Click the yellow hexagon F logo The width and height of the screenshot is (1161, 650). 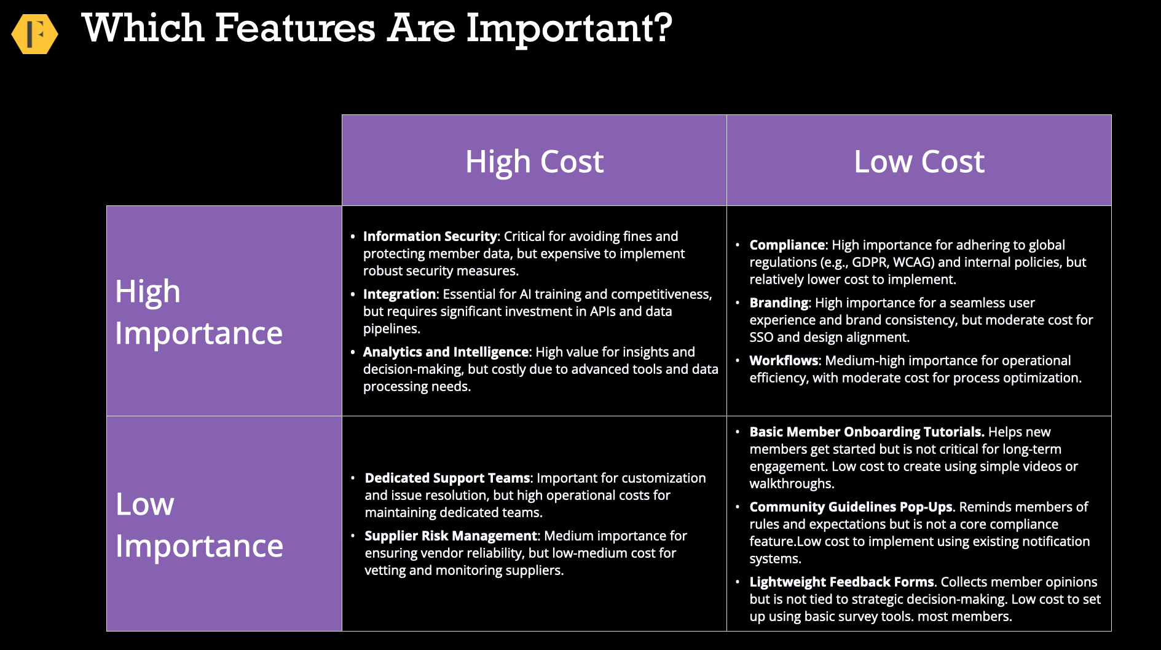35,34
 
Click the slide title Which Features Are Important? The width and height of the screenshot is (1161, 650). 377,28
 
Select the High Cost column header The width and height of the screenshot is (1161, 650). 534,161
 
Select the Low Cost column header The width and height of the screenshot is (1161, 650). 919,161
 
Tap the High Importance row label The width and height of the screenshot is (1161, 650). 199,312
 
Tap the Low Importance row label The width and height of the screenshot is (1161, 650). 199,525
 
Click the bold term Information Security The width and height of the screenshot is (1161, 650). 430,236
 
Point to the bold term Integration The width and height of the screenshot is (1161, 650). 399,294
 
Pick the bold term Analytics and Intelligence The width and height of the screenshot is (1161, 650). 446,352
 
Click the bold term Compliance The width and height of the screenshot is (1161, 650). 787,245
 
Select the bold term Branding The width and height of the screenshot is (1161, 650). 779,303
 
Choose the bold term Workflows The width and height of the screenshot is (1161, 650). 784,360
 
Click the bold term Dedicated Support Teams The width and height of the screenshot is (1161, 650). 447,478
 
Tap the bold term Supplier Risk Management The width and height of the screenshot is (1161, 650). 451,536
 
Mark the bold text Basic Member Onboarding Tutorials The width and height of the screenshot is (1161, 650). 867,432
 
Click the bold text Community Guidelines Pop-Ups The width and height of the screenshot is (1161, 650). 851,507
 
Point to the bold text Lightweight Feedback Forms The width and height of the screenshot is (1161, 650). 842,582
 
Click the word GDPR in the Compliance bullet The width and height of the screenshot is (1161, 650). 870,262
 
